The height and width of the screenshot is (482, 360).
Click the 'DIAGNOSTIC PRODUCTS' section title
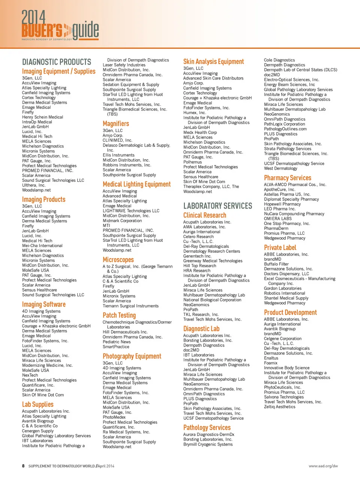coord(57,62)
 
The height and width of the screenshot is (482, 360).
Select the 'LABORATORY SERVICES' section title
coord(217,206)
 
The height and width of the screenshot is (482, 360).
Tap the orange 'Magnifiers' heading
coord(116,124)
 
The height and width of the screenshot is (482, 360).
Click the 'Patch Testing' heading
coord(119,315)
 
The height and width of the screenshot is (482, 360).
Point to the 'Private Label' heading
coord(280,247)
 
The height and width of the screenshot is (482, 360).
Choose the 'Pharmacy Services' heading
coord(288,178)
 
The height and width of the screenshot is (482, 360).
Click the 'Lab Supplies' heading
coord(37,404)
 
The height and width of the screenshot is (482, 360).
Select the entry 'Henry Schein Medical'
coord(42,117)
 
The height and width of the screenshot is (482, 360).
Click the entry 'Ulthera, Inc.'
coord(34,185)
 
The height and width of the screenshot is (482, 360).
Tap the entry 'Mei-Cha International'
coord(42,246)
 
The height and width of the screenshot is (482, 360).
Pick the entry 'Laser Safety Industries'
coord(124,65)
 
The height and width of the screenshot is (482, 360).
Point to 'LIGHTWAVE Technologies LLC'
coord(131,211)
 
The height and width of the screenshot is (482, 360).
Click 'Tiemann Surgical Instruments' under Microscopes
coord(130,306)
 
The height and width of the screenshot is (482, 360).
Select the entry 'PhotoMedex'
coord(114,417)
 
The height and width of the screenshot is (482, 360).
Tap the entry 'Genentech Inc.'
coord(197,256)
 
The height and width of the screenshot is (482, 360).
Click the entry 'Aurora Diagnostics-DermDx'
coord(208,435)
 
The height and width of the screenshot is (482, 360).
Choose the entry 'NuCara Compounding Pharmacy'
coord(294,214)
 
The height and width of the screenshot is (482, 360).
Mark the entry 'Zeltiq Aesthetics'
coord(280,407)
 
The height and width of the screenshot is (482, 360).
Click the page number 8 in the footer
coord(23,466)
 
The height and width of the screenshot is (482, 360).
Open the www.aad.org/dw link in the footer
coord(323,466)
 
